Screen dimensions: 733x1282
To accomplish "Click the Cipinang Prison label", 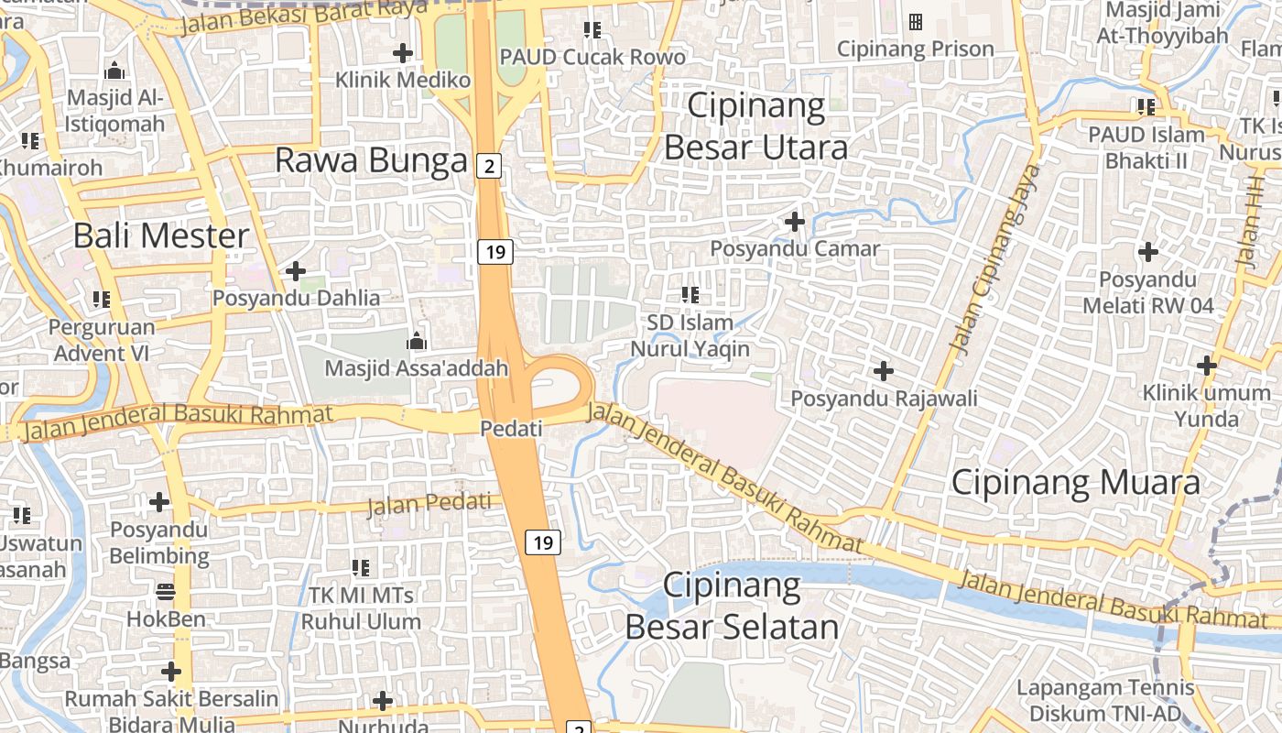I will coord(915,49).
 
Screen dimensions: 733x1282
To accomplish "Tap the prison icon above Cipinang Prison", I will coord(915,22).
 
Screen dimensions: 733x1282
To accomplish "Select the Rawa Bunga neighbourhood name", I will coord(371,160).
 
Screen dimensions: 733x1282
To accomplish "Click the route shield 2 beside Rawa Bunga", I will coord(490,166).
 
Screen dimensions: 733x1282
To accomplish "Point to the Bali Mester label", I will coord(161,235).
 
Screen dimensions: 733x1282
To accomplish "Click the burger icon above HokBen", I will coord(166,592).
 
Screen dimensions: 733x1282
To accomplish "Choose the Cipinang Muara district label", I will coord(1075,482).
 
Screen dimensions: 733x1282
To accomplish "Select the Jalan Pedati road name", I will coord(429,503).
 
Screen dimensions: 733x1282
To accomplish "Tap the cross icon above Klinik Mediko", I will coord(402,53).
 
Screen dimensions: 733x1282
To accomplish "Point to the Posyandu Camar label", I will coord(795,248).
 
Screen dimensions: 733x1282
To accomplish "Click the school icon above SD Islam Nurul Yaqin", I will coord(690,295).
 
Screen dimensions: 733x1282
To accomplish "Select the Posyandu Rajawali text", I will coord(884,399).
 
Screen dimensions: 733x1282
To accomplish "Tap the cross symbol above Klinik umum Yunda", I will coord(1207,366).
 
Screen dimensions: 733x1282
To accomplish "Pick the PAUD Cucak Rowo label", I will coord(592,57).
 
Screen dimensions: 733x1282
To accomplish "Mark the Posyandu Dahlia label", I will coord(296,298).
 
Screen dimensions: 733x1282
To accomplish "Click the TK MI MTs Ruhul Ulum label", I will coord(361,608).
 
